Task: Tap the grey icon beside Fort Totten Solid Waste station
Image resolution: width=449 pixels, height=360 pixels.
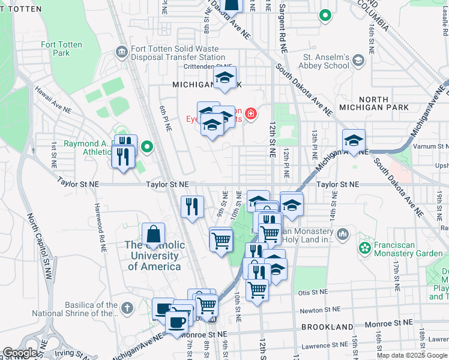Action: pos(122,52)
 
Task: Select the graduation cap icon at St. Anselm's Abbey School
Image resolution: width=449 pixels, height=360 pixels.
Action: pos(358,60)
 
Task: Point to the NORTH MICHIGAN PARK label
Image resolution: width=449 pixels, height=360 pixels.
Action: pos(384,103)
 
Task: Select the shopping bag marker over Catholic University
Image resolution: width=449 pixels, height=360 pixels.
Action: pos(154,234)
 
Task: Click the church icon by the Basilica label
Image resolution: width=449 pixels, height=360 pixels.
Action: pos(126,308)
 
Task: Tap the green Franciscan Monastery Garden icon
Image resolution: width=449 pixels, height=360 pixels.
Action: pos(364,247)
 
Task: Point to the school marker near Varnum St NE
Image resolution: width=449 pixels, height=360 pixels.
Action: pos(354,141)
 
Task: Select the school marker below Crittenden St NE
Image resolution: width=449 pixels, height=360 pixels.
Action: pos(224,78)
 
